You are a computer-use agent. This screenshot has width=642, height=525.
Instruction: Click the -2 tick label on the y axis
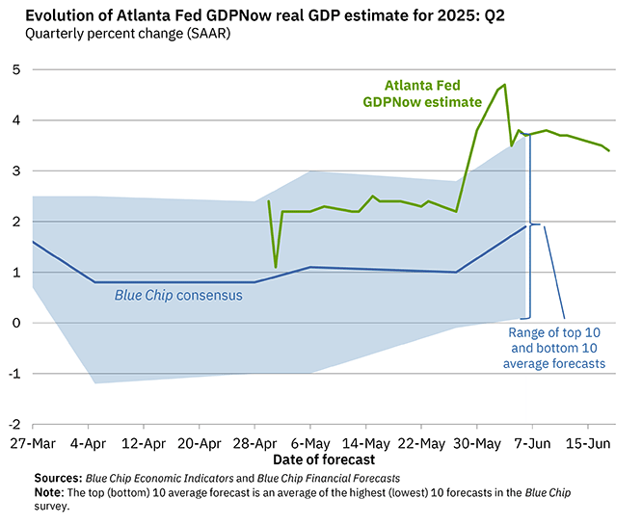tap(15, 424)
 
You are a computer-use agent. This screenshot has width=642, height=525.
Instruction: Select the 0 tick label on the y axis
tap(17, 323)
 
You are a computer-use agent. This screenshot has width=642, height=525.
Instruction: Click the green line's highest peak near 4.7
tap(505, 85)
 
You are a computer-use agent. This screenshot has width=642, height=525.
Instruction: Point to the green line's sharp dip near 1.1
tap(276, 267)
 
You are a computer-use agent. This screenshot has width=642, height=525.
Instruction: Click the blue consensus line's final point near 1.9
tap(527, 226)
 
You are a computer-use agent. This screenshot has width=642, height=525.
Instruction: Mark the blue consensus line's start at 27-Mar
tap(33, 242)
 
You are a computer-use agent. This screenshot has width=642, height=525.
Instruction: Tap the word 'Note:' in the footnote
tap(50, 492)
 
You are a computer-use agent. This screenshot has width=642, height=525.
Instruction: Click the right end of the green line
tap(609, 150)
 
